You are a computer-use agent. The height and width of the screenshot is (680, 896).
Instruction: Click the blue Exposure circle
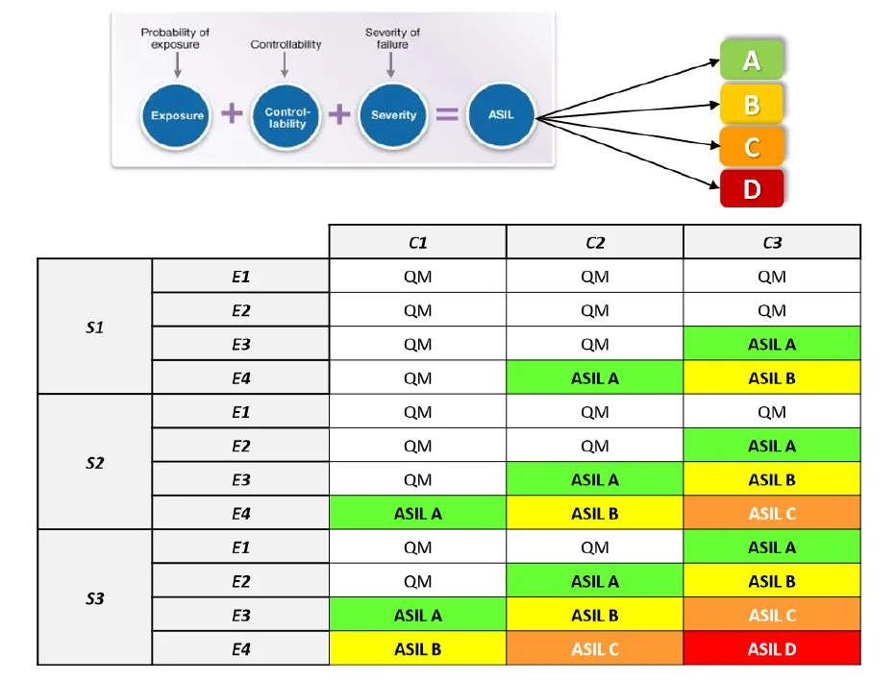[176, 116]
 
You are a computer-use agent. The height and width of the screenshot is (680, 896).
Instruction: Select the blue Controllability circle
[286, 116]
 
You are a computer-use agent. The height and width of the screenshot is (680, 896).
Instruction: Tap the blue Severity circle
[392, 116]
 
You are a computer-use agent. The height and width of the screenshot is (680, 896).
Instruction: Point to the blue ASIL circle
[501, 115]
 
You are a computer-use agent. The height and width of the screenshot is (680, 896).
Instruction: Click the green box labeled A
[752, 60]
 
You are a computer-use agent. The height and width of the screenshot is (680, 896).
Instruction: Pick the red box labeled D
[752, 188]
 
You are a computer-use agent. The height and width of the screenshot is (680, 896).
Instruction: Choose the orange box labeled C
[752, 147]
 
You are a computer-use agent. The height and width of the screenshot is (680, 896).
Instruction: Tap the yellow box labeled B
[752, 104]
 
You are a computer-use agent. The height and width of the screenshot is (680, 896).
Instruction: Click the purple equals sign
[447, 114]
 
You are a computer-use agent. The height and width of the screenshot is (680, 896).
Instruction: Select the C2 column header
[595, 242]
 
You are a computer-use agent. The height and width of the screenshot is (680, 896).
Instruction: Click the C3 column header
[772, 242]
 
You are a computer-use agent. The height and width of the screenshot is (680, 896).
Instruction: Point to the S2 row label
[95, 462]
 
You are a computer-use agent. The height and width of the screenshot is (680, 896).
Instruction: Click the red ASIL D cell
[772, 648]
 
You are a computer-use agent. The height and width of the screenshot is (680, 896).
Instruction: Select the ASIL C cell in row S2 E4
[772, 513]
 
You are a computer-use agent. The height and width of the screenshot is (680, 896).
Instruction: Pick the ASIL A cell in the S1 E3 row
[772, 344]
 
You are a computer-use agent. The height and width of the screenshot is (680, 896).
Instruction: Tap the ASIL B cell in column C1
[417, 648]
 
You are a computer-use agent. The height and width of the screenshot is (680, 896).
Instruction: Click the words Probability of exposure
[175, 38]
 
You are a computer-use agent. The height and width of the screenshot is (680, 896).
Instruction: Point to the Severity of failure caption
[392, 38]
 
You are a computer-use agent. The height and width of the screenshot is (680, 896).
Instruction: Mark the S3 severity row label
[95, 597]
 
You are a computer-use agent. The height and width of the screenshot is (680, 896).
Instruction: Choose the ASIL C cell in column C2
[595, 648]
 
